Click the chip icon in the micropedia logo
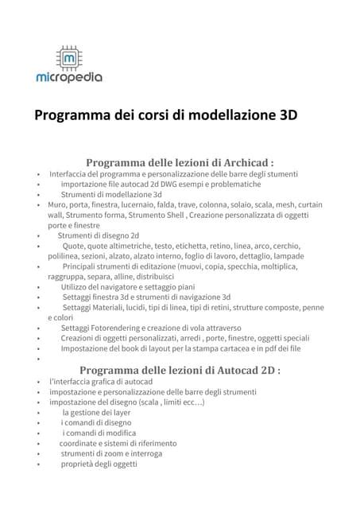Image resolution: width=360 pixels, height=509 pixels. pyautogui.click(x=69, y=58)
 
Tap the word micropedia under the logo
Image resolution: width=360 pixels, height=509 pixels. pyautogui.click(x=69, y=79)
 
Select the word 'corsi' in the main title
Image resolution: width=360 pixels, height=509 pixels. pyautogui.click(x=148, y=115)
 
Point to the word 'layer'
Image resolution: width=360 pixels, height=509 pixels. pyautogui.click(x=119, y=413)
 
